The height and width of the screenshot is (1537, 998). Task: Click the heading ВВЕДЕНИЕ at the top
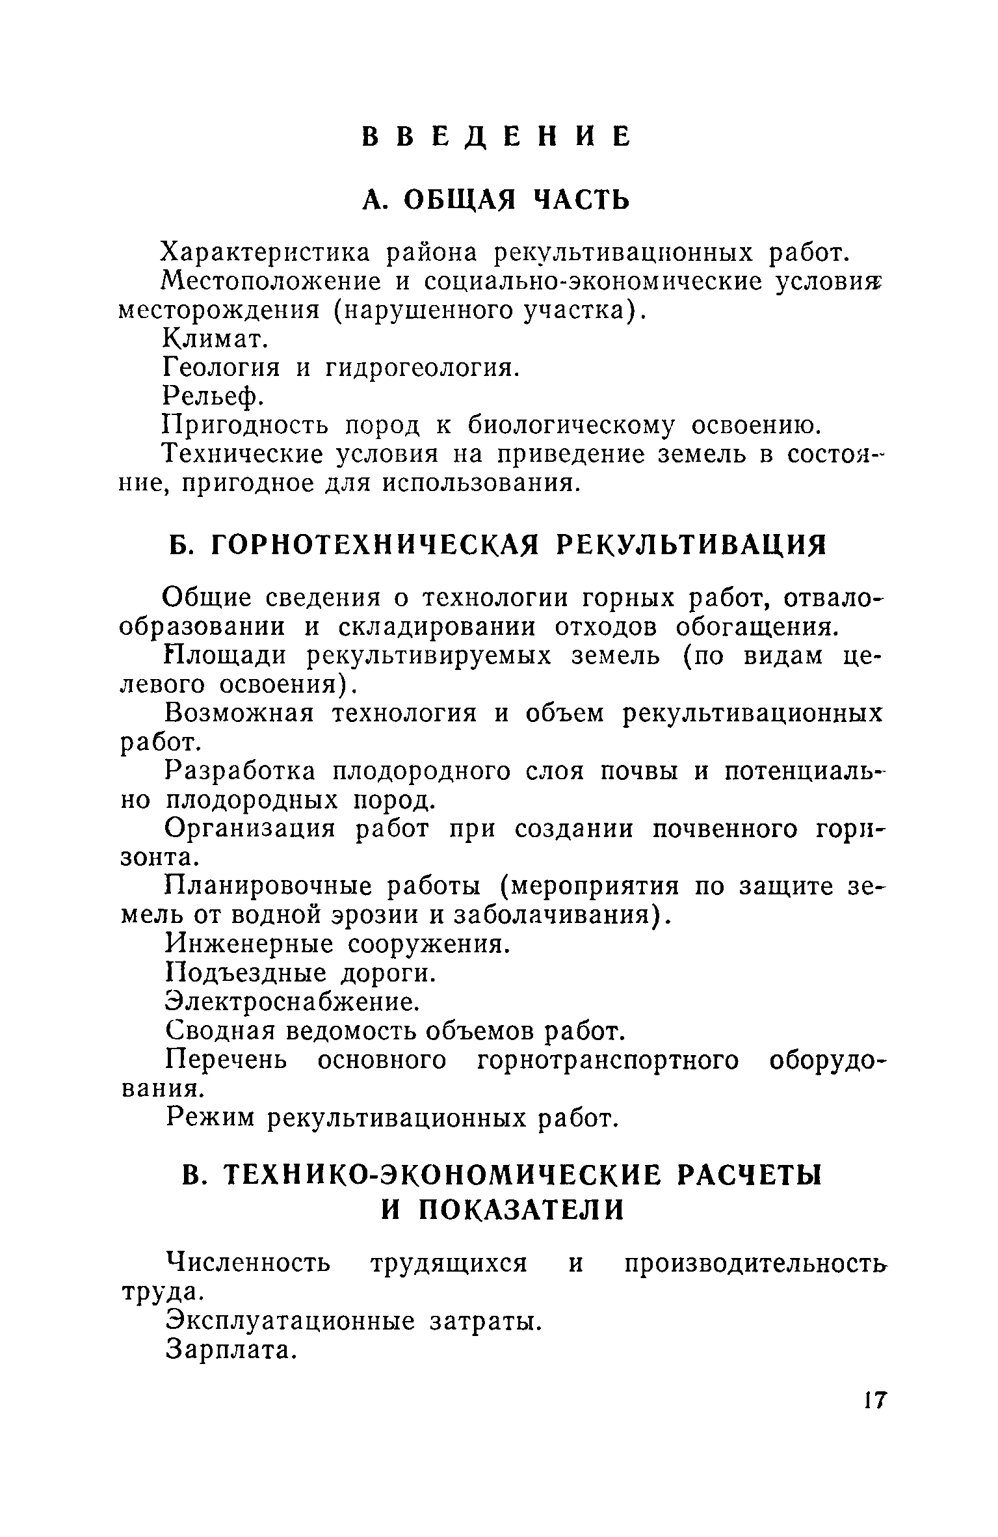[x=496, y=136]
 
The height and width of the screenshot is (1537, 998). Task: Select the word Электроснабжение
[x=290, y=1002]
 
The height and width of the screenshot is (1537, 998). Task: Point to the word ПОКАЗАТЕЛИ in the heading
[x=520, y=1209]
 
